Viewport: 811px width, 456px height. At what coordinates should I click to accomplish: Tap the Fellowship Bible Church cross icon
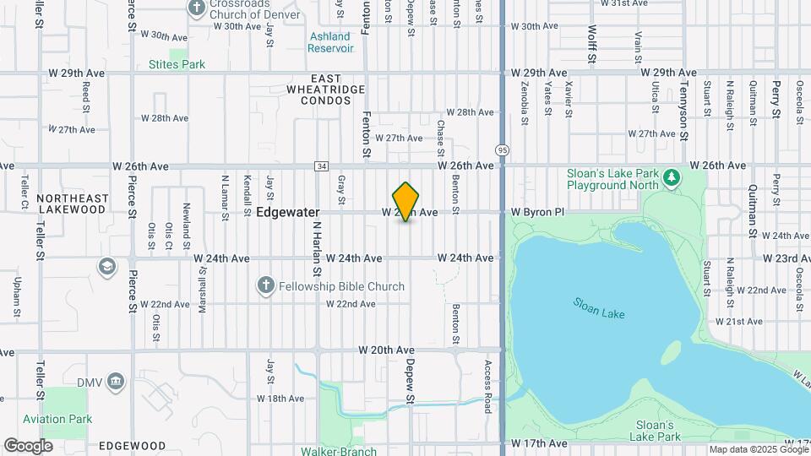pyautogui.click(x=265, y=286)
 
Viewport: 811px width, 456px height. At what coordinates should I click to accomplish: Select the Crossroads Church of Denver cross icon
pyautogui.click(x=197, y=9)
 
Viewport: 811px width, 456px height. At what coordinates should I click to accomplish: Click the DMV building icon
pyautogui.click(x=115, y=383)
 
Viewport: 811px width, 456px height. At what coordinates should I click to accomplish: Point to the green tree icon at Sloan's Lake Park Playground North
pyautogui.click(x=672, y=177)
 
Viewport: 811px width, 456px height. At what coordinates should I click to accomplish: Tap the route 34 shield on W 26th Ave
pyautogui.click(x=321, y=166)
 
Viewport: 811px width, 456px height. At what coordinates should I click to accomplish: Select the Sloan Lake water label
pyautogui.click(x=598, y=307)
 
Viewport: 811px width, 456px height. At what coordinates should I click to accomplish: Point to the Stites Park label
pyautogui.click(x=177, y=64)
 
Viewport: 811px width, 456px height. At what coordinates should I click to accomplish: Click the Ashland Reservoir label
pyautogui.click(x=329, y=42)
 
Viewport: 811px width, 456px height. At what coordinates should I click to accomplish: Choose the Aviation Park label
pyautogui.click(x=57, y=419)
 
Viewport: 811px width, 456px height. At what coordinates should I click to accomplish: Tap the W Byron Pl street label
pyautogui.click(x=537, y=213)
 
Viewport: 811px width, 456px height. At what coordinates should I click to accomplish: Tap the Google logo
pyautogui.click(x=28, y=445)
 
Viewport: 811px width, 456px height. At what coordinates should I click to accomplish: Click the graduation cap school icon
pyautogui.click(x=107, y=267)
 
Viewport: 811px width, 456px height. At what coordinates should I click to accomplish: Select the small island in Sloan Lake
pyautogui.click(x=672, y=350)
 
